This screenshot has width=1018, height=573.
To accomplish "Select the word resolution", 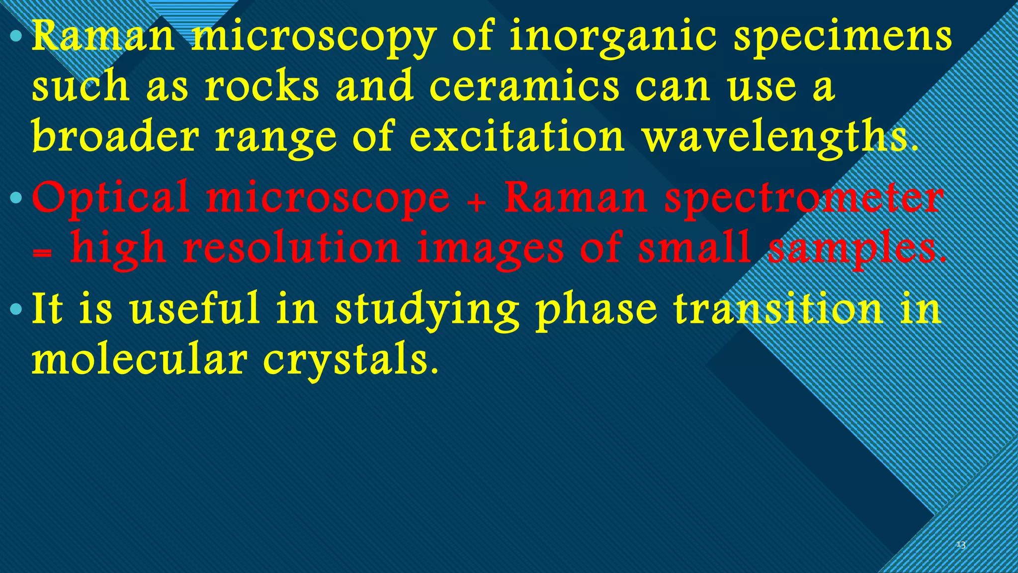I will pyautogui.click(x=291, y=248).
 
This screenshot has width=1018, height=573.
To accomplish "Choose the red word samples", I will pyautogui.click(x=856, y=248).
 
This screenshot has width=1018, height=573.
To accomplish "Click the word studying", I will pyautogui.click(x=427, y=309).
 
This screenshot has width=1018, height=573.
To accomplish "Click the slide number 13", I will pyautogui.click(x=961, y=545).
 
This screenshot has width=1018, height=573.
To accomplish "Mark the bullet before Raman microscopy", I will pyautogui.click(x=16, y=37).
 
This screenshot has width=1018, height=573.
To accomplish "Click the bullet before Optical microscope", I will pyautogui.click(x=16, y=198).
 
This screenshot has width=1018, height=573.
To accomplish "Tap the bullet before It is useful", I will pyautogui.click(x=16, y=310).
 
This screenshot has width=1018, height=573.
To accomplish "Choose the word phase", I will pyautogui.click(x=596, y=309).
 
